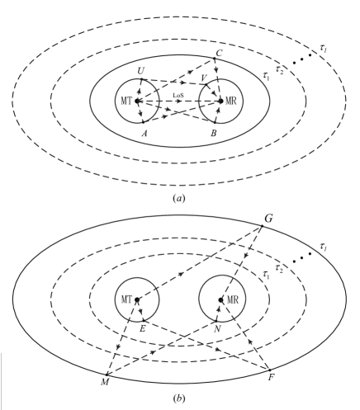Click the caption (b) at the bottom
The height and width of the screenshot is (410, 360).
(x=179, y=399)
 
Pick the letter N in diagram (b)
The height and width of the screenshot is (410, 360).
(x=216, y=328)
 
